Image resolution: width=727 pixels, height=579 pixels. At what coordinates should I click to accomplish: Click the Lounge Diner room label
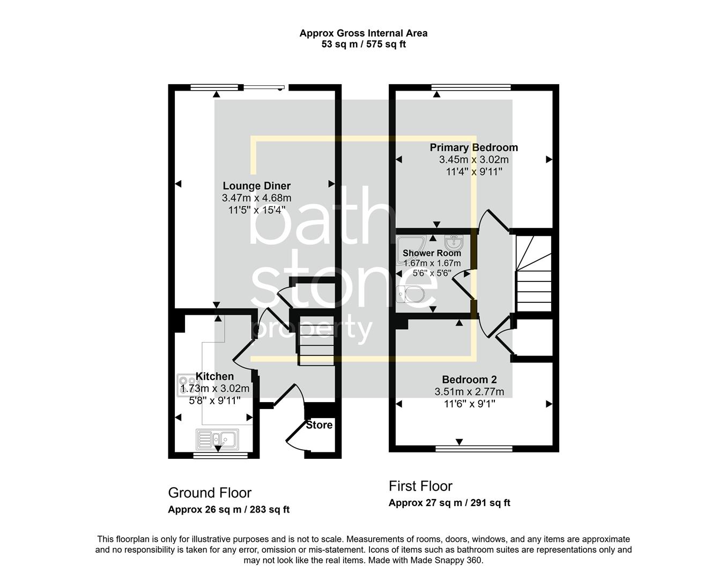tap(256, 186)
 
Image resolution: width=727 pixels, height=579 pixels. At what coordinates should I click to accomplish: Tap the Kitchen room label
tap(214, 376)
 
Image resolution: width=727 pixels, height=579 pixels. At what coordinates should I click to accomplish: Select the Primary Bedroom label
tap(473, 147)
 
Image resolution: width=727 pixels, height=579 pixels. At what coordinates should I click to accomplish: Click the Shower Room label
tap(432, 253)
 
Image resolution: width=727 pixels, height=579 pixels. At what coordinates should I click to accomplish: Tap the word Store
tap(319, 425)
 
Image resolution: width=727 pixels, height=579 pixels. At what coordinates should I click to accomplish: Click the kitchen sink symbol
tap(218, 439)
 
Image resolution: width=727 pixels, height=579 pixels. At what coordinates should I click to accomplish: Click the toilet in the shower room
tap(410, 293)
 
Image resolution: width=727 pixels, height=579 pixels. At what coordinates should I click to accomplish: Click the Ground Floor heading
tap(210, 493)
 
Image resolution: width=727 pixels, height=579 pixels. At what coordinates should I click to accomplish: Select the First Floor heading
tap(420, 486)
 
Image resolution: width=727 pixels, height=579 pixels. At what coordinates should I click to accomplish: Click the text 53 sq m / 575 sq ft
tap(363, 44)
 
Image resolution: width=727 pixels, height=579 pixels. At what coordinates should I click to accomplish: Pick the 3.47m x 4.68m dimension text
tap(256, 198)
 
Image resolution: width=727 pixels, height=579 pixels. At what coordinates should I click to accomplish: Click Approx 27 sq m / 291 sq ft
tap(449, 503)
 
